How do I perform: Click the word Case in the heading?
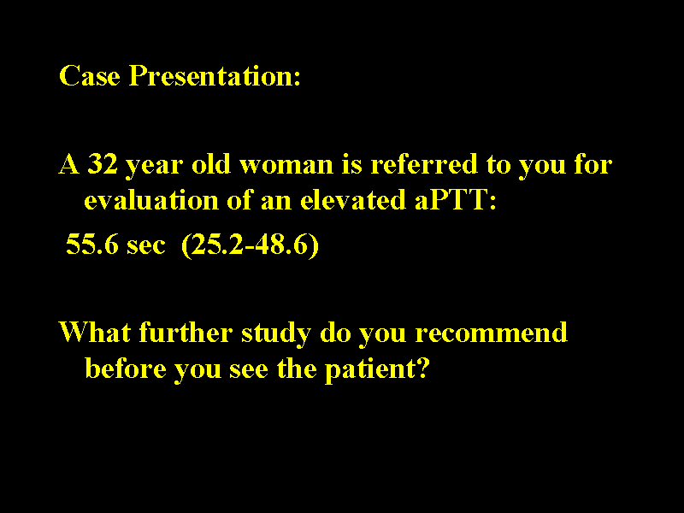91,76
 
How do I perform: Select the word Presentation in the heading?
215,76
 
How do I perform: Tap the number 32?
103,163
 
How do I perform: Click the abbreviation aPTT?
451,201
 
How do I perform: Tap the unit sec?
145,247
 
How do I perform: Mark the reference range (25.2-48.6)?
250,247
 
